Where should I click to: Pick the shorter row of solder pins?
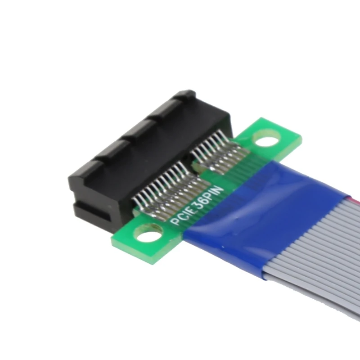[220, 151]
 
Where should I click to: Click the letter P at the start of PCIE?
[173, 222]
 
